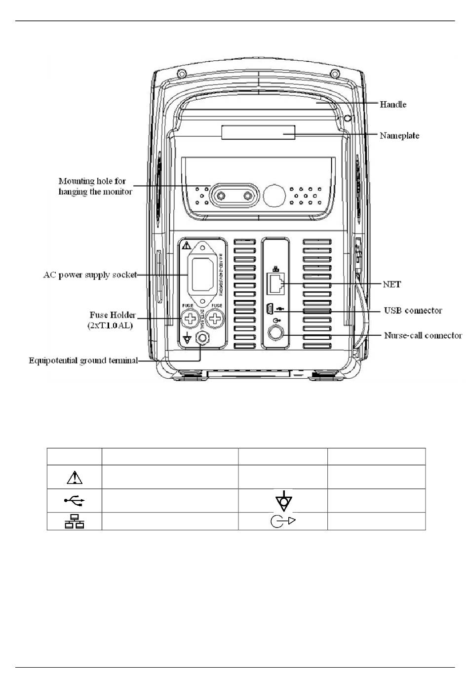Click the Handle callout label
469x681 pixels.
click(x=392, y=105)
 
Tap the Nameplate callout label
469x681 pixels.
click(x=399, y=136)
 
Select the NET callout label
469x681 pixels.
click(x=392, y=284)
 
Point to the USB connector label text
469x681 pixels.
click(x=413, y=311)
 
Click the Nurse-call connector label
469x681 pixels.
click(x=423, y=336)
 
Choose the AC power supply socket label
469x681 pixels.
click(x=90, y=275)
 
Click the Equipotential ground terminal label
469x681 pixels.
click(x=83, y=361)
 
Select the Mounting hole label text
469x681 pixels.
click(x=95, y=187)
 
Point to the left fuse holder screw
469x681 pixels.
click(x=190, y=319)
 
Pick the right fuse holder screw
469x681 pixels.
click(x=215, y=319)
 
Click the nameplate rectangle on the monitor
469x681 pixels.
click(x=258, y=132)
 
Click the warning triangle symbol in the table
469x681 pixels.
click(x=74, y=477)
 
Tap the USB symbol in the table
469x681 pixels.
click(x=74, y=501)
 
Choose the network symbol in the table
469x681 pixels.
click(x=74, y=521)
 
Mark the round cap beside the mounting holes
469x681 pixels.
click(x=274, y=196)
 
